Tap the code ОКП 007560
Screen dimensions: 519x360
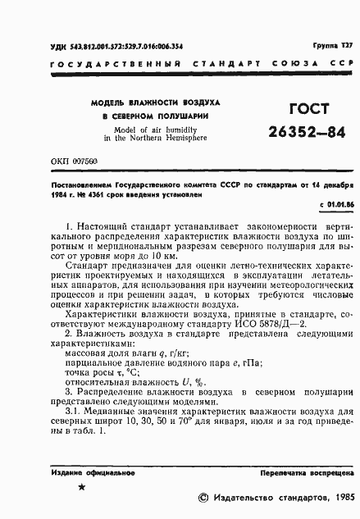(x=74, y=163)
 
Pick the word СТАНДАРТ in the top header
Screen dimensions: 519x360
(x=226, y=64)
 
